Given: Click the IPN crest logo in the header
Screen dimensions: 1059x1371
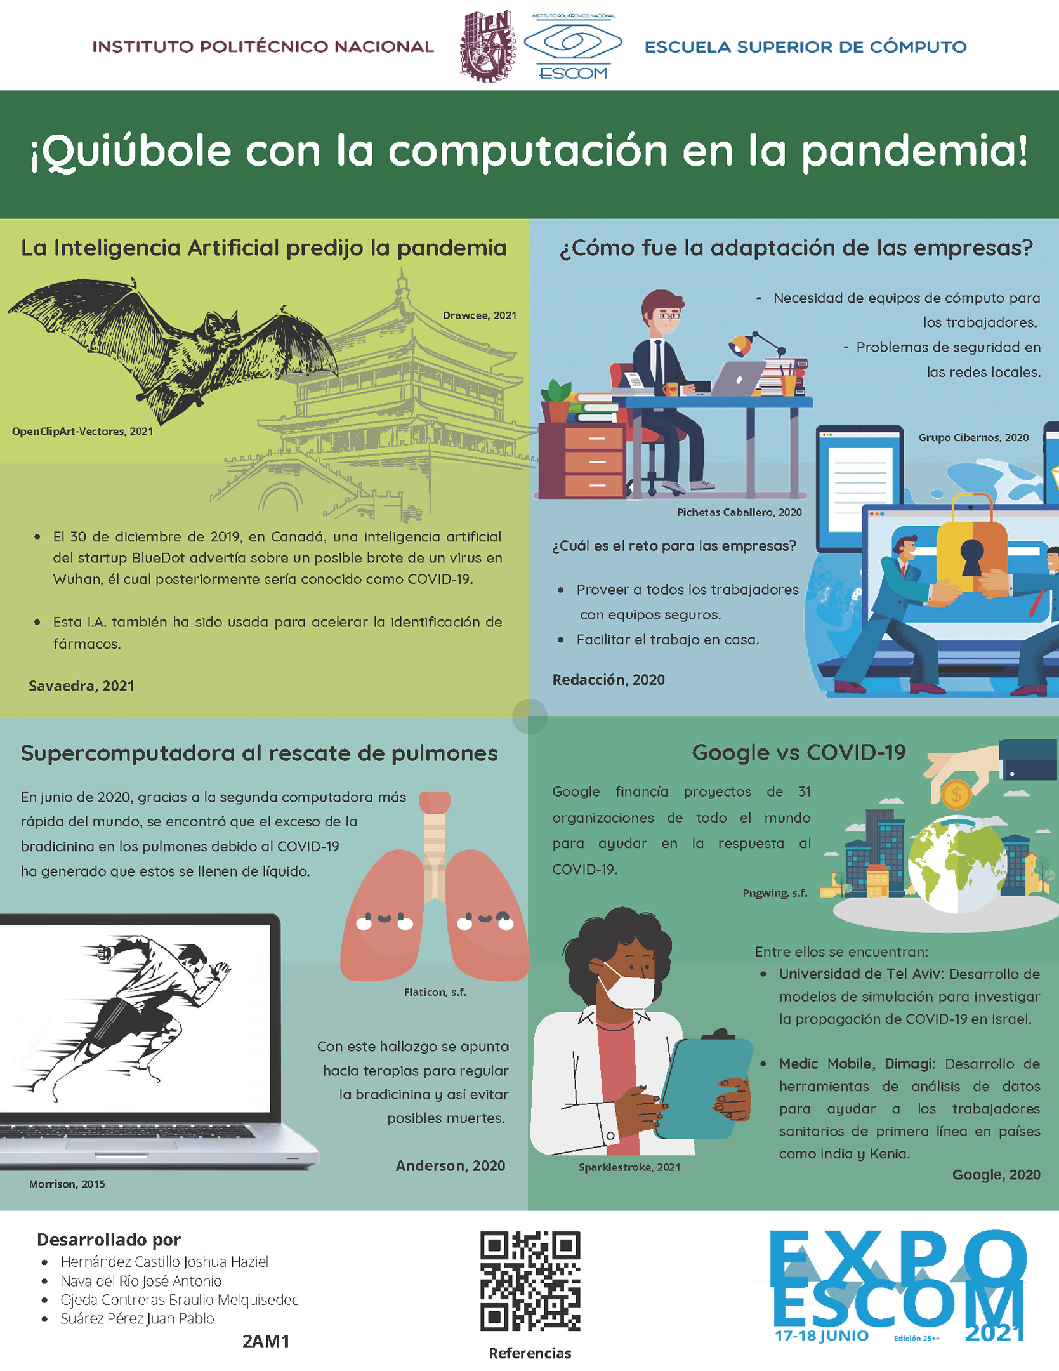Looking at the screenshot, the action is (485, 46).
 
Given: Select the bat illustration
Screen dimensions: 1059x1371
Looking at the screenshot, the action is (171, 349).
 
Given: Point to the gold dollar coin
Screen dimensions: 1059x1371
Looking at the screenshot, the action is (956, 794).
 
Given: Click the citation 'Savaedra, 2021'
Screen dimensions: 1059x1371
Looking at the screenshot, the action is (81, 686).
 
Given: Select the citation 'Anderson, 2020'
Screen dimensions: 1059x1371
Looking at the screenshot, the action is (451, 1166).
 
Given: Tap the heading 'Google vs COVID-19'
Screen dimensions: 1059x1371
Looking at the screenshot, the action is (799, 752).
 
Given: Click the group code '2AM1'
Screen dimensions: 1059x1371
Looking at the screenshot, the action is (266, 1341).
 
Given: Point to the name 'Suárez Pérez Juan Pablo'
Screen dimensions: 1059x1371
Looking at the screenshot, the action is (137, 1318).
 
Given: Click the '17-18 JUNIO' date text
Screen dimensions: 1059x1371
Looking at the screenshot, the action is (822, 1335).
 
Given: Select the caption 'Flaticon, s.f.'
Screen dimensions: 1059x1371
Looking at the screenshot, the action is (435, 992).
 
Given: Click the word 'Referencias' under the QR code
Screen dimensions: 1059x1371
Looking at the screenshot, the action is (530, 1353).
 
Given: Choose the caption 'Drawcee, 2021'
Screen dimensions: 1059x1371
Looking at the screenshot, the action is (480, 315).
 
